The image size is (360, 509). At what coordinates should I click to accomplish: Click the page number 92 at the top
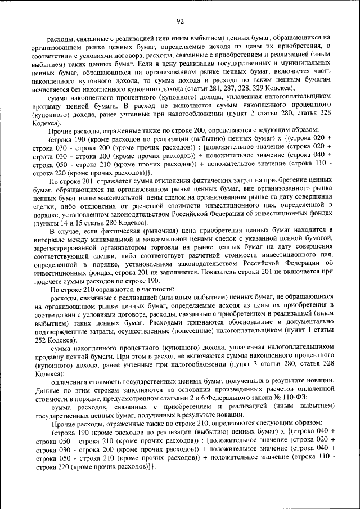click(180, 22)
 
